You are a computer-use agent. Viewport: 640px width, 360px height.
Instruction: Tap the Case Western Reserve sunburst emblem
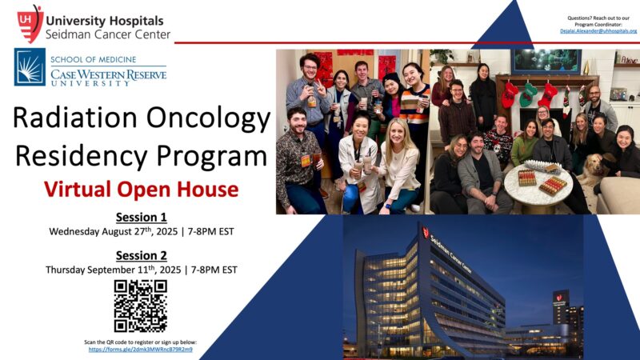pyautogui.click(x=30, y=67)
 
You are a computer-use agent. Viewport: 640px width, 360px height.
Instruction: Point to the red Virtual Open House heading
pyautogui.click(x=141, y=189)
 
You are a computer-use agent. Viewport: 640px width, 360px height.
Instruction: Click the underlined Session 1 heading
pyautogui.click(x=141, y=217)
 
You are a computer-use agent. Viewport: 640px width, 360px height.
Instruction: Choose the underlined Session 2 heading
pyautogui.click(x=141, y=255)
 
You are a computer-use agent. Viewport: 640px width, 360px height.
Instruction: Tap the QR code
pyautogui.click(x=140, y=306)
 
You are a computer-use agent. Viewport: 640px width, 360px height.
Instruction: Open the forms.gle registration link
pyautogui.click(x=141, y=350)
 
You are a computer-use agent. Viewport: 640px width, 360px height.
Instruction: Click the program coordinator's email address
pyautogui.click(x=598, y=30)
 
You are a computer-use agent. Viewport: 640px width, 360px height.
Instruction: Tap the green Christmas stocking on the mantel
pyautogui.click(x=528, y=94)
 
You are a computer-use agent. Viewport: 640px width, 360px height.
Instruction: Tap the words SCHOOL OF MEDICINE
pyautogui.click(x=93, y=59)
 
